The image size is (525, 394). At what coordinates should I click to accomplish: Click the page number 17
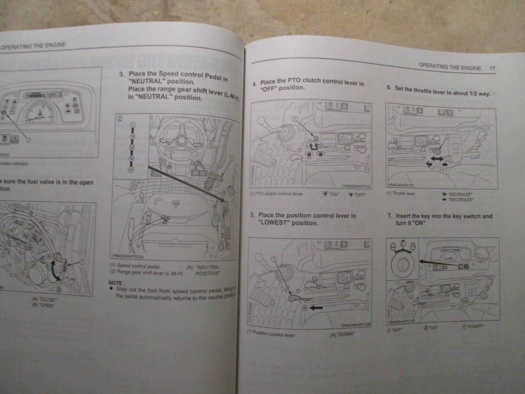pyautogui.click(x=492, y=69)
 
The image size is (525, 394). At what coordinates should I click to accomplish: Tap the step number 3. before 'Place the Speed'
pyautogui.click(x=121, y=74)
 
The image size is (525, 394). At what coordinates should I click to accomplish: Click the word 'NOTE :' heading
pyautogui.click(x=116, y=283)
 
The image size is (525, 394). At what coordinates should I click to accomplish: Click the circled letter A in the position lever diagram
pyautogui.click(x=304, y=308)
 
